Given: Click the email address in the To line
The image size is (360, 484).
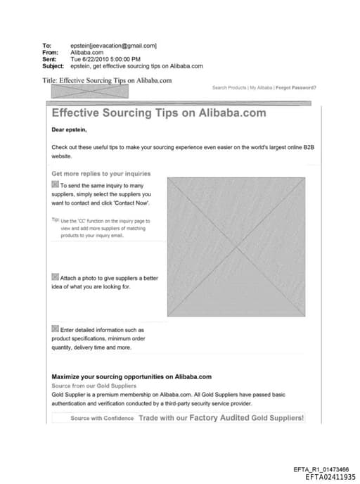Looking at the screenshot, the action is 114,46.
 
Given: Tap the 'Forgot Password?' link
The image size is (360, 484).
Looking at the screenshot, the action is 296,88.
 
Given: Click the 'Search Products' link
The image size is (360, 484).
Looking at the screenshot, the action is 229,88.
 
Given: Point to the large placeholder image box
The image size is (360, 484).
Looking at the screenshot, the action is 236,246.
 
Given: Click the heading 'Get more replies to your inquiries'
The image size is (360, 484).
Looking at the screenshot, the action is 101,173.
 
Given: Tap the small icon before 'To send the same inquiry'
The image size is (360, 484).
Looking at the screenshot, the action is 56,184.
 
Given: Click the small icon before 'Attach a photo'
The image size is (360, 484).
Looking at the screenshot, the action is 56,277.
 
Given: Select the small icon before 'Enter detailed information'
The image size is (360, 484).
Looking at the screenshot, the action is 56,329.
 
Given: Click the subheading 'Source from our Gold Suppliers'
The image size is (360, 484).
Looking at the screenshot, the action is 94,386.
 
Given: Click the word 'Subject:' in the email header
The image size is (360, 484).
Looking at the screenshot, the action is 55,66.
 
